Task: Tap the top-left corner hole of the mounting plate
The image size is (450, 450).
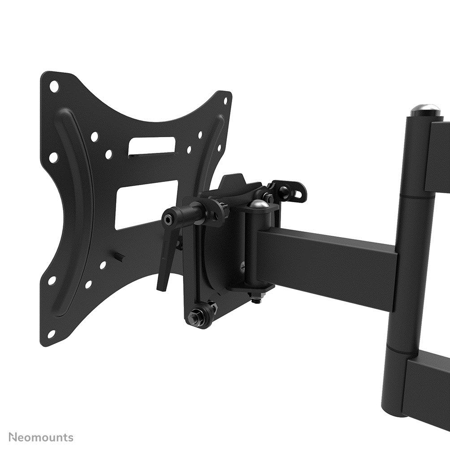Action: [x=54, y=85]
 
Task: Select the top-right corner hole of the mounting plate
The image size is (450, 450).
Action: [x=221, y=103]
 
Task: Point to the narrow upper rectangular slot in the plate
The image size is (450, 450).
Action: [x=151, y=147]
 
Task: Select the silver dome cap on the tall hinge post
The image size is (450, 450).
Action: [x=424, y=109]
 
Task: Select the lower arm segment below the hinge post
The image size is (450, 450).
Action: [x=426, y=390]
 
